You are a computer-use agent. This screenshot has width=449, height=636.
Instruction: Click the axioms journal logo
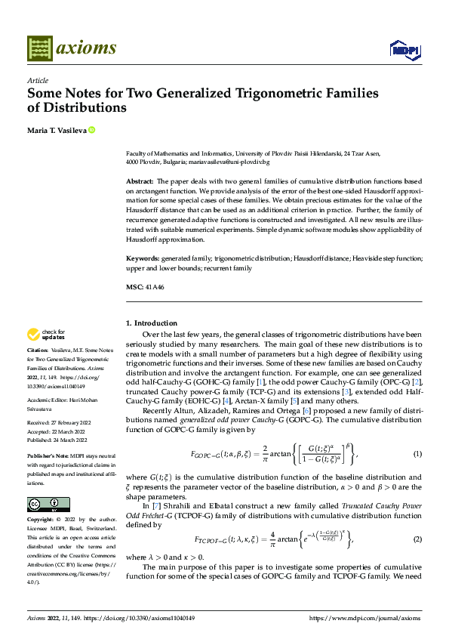(72, 48)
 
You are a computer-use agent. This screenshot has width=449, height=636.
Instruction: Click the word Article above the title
(38, 79)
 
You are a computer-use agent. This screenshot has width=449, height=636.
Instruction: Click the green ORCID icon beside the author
(92, 130)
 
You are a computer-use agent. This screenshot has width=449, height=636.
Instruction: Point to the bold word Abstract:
(139, 182)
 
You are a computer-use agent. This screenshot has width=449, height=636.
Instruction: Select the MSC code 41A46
(155, 287)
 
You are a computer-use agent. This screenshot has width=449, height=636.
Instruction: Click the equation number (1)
(417, 453)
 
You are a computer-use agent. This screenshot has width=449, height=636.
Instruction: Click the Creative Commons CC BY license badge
(48, 505)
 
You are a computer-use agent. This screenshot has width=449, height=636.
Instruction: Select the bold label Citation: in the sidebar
(38, 351)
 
